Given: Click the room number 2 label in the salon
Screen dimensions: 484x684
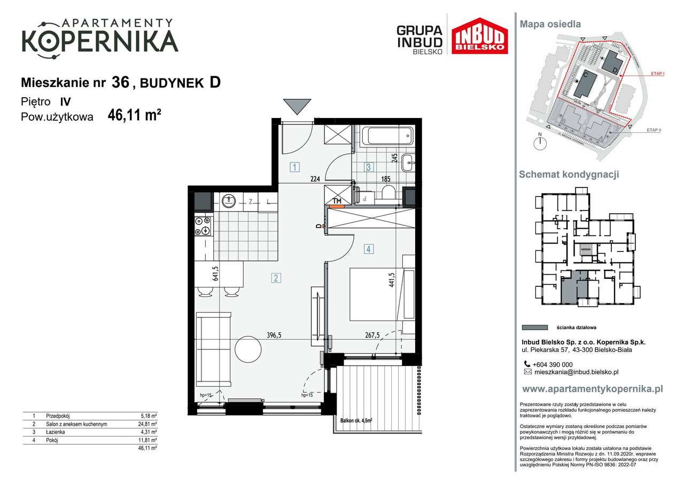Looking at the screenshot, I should coord(276,277).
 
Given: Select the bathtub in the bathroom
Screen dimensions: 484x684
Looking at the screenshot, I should coord(387,136).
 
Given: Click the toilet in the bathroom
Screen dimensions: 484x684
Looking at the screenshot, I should coord(388,192).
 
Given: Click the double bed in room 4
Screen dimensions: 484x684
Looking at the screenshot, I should coord(380,294).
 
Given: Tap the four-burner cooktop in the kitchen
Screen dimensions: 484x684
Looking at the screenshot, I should coord(203,225).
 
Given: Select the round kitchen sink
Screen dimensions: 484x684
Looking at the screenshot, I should coord(229,201).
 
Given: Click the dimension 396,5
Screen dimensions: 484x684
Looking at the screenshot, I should coord(274,335).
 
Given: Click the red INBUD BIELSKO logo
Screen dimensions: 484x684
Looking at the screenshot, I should coord(479,36).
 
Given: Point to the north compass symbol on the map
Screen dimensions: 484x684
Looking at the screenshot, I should coord(541,142).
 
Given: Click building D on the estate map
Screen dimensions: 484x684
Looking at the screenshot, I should coord(610,64).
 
